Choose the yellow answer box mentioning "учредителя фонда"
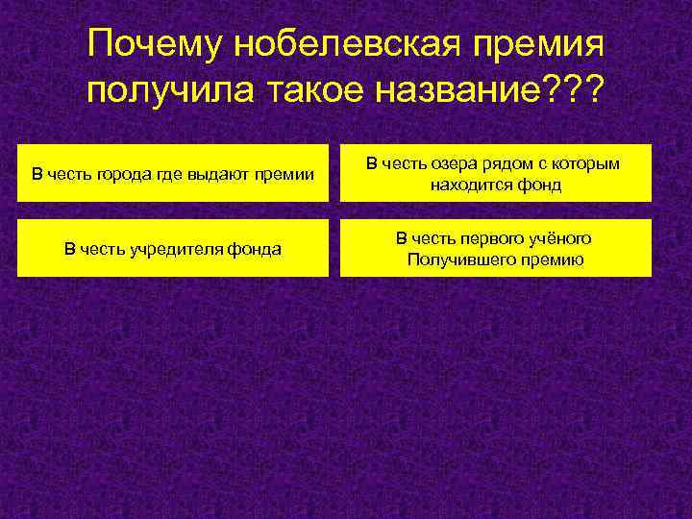point(173,249)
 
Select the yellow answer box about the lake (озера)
point(496,174)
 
